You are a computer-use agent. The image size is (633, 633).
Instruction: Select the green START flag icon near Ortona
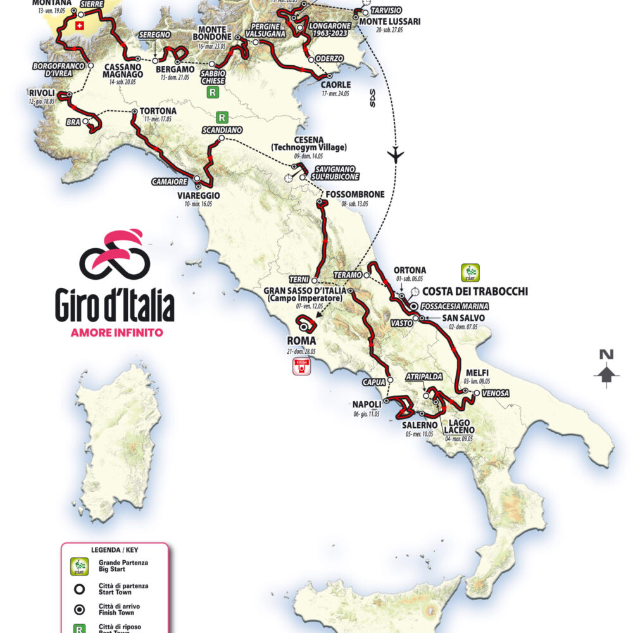click(x=470, y=273)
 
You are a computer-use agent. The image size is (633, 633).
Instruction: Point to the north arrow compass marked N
click(x=606, y=367)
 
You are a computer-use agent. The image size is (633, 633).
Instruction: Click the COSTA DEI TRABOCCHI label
click(x=475, y=291)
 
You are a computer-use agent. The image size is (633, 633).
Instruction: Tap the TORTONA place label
click(x=155, y=111)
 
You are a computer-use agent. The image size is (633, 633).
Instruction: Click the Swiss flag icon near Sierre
click(x=79, y=26)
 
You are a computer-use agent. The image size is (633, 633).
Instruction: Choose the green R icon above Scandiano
click(x=222, y=117)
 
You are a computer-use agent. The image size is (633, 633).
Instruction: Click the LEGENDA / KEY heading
click(x=115, y=550)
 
